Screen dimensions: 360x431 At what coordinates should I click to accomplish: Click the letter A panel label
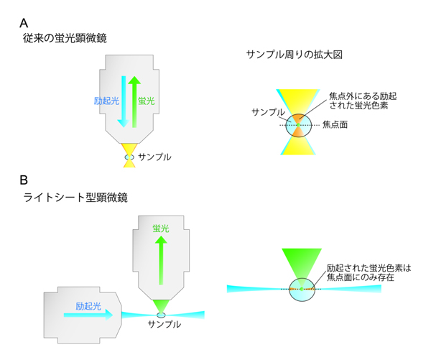point(25,22)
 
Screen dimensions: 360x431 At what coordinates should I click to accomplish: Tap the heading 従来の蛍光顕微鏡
point(65,38)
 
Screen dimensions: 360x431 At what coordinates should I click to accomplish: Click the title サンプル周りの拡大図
point(290,55)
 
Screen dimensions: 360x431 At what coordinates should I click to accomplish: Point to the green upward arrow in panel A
point(133,101)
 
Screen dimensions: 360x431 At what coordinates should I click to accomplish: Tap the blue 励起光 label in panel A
point(105,101)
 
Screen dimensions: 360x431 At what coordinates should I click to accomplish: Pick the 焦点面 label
point(336,124)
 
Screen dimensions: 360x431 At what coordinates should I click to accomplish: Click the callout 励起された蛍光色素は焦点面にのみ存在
point(368,272)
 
